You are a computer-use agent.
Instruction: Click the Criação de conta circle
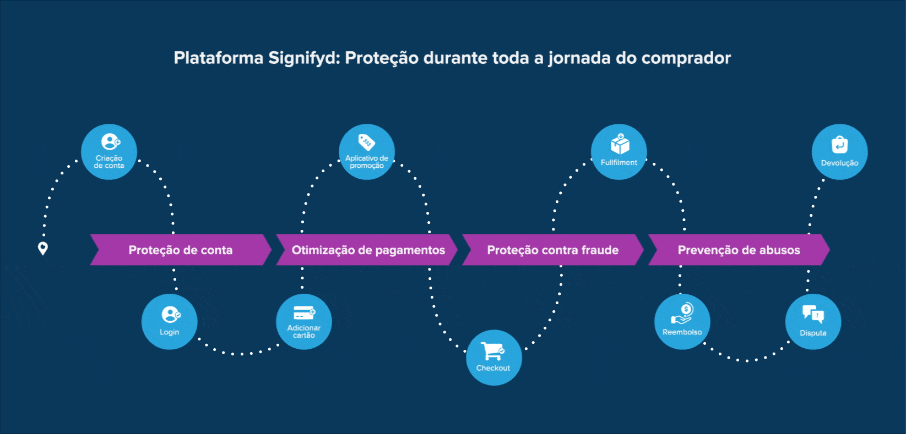click(109, 152)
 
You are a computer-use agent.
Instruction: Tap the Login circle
click(170, 322)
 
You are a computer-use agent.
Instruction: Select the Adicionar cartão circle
click(304, 322)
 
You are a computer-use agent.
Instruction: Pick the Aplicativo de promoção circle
click(367, 152)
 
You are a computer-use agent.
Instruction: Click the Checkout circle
click(494, 358)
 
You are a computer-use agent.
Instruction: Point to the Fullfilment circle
click(619, 152)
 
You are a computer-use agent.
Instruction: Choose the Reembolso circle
click(682, 322)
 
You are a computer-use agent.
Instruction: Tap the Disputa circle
click(813, 322)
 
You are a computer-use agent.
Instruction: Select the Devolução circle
click(840, 152)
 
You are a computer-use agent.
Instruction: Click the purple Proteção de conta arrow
click(181, 250)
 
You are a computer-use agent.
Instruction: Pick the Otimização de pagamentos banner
click(368, 250)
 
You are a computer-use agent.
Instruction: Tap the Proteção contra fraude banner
click(553, 250)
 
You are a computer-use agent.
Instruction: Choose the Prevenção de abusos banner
click(739, 250)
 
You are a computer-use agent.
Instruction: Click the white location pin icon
click(42, 248)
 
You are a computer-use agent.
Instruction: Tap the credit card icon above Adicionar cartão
click(304, 313)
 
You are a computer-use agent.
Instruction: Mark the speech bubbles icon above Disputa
click(813, 314)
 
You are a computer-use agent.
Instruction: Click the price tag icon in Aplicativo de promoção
click(366, 142)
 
